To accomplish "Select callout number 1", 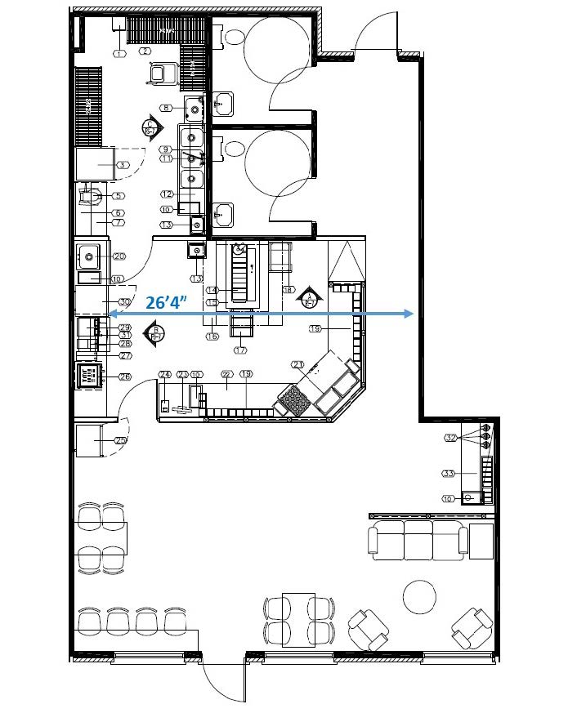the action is [119, 53].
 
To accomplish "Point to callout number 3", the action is [122, 165].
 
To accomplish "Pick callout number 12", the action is [167, 194].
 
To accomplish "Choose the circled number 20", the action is [118, 256].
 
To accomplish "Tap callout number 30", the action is [124, 302].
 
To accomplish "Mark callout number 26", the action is [125, 377].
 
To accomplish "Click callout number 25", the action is [121, 440].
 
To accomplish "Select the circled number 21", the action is [297, 365].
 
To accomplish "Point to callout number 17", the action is [240, 350].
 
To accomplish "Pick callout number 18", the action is [288, 289].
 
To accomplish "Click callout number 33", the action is [448, 473].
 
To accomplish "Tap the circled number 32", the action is [450, 438].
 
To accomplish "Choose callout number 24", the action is [163, 375].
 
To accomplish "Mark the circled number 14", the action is [211, 290].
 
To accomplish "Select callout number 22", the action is [226, 374].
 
